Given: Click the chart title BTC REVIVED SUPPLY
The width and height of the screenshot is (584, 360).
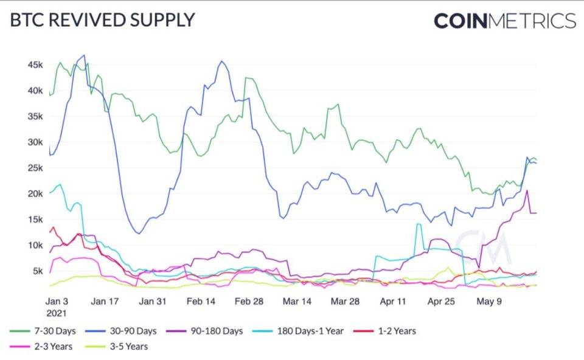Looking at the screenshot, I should (102, 19).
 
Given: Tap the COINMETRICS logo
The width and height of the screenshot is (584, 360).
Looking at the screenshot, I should (504, 21).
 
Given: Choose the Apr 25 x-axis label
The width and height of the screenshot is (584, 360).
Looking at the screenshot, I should (441, 301).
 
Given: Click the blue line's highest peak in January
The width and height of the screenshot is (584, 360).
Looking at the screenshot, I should (83, 55).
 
